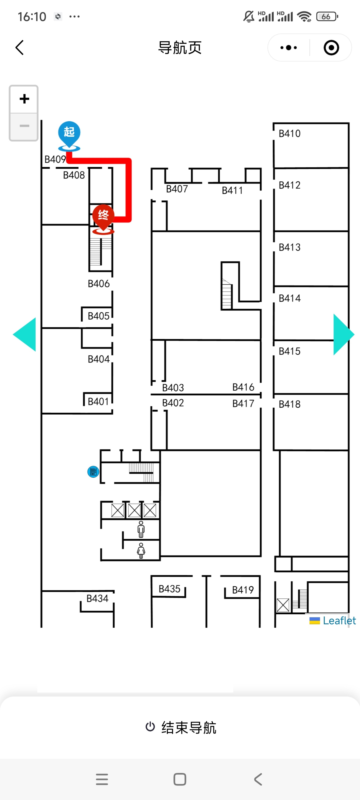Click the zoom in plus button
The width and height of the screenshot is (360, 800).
[x=24, y=99]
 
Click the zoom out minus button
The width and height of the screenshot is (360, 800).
[x=24, y=126]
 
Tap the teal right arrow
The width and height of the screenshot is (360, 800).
[x=342, y=334]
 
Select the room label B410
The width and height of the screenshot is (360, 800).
[x=289, y=134]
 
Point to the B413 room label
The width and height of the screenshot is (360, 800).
[x=289, y=247]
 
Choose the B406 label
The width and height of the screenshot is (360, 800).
[x=98, y=284]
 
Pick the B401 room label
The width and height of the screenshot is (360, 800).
[x=98, y=401]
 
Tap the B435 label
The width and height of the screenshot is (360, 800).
[x=169, y=589]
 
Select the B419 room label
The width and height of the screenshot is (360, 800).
[x=243, y=590]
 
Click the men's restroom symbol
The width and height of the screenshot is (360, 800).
[x=141, y=529]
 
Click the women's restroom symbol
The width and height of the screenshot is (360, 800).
[x=141, y=550]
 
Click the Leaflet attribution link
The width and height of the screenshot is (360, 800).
[x=339, y=620]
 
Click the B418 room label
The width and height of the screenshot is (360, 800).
[x=289, y=404]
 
